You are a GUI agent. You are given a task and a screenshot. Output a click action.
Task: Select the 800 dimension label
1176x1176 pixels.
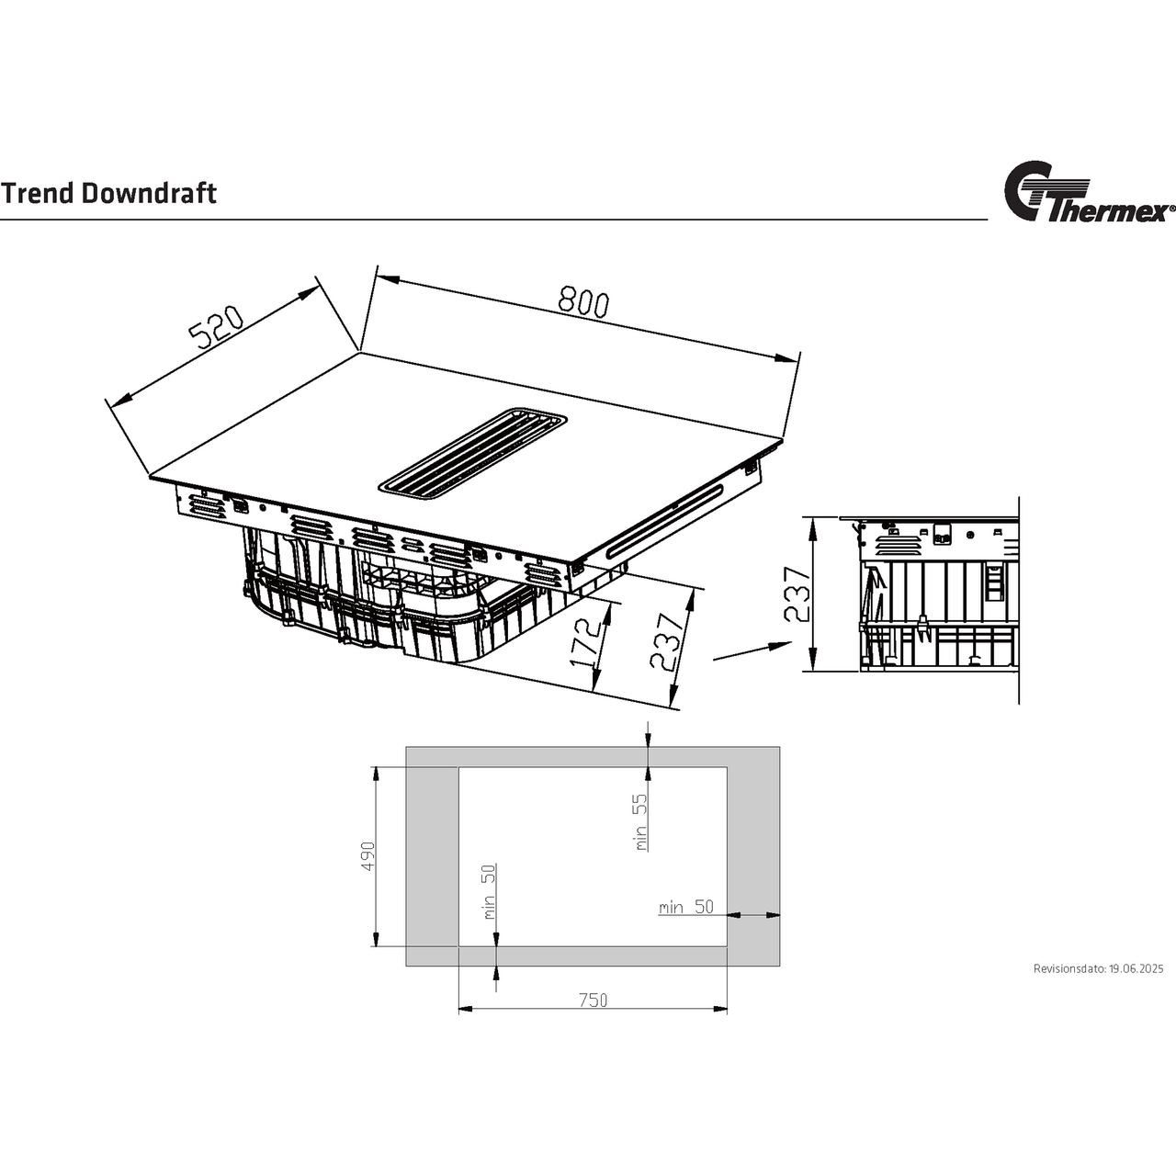coord(582,302)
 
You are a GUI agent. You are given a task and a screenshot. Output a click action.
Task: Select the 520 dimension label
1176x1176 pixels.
coord(215,328)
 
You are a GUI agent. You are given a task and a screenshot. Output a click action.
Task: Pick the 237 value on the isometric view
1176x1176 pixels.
coord(668,641)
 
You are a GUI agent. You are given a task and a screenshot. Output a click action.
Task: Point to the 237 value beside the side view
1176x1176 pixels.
coord(797,594)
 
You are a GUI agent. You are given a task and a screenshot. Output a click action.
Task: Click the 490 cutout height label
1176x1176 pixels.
coord(368,855)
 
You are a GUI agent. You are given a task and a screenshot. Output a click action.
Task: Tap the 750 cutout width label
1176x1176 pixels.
coord(593,1001)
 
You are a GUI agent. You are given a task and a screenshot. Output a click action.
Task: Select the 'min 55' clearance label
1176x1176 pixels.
coord(640,821)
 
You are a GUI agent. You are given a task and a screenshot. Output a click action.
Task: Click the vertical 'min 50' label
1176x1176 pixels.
coord(488,891)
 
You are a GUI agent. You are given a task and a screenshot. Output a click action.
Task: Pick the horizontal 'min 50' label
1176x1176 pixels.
coord(685,907)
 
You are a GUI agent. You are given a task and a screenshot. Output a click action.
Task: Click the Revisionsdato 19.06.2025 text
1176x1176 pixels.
coord(1098,968)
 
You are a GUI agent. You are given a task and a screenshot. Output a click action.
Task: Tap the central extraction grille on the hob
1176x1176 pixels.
coord(472,453)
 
